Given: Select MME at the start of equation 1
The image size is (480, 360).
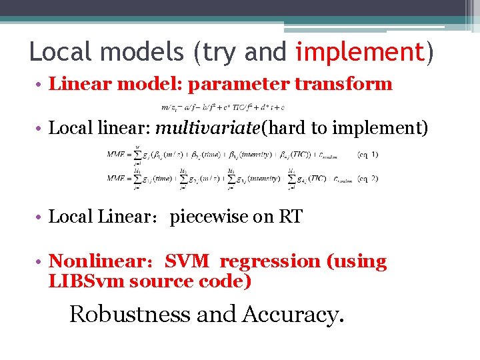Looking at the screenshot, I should (118, 155).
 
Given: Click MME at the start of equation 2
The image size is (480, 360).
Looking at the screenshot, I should (118, 179).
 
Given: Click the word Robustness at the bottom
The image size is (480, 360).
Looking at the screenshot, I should (129, 313).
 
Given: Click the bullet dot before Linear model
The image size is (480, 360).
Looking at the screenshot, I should (41, 85).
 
